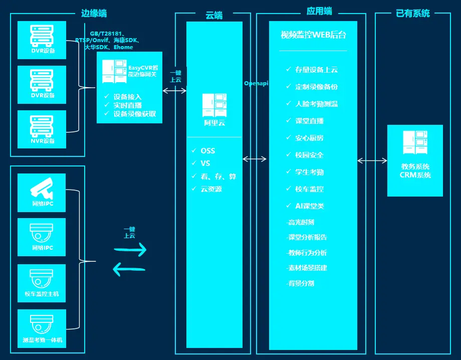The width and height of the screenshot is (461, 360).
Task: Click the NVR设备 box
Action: coord(42,129)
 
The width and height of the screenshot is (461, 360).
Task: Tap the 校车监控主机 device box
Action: coord(42,283)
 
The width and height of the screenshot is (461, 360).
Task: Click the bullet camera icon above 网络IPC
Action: coord(42,187)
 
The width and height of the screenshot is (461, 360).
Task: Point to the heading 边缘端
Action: coord(94,14)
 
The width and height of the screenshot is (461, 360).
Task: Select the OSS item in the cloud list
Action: coord(207,150)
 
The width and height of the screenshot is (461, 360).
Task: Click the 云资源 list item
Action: coord(211,189)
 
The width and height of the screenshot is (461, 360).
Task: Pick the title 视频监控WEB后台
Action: coord(313,35)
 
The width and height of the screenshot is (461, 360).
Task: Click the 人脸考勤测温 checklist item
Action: coord(316,104)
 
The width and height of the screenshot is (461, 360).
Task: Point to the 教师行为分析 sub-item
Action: coord(307,253)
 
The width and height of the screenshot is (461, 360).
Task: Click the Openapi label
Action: coord(256,83)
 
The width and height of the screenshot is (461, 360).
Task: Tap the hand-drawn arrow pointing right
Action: coord(130,249)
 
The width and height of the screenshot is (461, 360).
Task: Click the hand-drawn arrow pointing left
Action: coord(129,270)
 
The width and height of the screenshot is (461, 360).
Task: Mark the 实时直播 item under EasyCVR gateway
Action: coord(127,105)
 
